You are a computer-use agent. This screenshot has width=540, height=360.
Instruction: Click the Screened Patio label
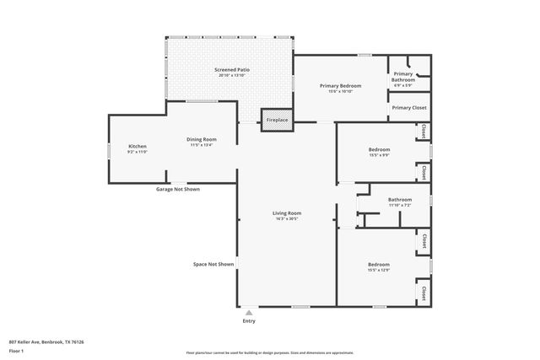(x=232, y=70)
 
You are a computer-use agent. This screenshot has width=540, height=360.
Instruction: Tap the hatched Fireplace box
(x=277, y=121)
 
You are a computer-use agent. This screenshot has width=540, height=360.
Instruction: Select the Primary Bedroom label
(x=340, y=86)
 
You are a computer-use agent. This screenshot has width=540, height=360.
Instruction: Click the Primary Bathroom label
(x=403, y=77)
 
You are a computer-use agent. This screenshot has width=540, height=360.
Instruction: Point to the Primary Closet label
(x=409, y=108)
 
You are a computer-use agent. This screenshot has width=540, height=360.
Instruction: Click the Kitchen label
(x=138, y=147)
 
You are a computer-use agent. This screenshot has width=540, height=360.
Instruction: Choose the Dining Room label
(x=202, y=139)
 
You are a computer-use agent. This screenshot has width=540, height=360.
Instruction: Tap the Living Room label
(x=287, y=213)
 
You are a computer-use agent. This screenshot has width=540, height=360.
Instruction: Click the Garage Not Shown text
(x=177, y=189)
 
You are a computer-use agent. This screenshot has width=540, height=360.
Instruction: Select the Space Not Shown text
(x=213, y=265)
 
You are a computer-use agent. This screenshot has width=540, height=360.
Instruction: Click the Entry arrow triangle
(x=249, y=312)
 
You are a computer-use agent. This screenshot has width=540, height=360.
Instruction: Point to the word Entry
(x=249, y=321)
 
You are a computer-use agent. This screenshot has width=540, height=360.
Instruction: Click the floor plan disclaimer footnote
(x=270, y=353)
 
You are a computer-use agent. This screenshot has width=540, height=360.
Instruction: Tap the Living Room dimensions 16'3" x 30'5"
(x=287, y=218)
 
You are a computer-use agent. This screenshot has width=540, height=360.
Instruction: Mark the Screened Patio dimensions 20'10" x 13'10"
(x=232, y=76)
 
